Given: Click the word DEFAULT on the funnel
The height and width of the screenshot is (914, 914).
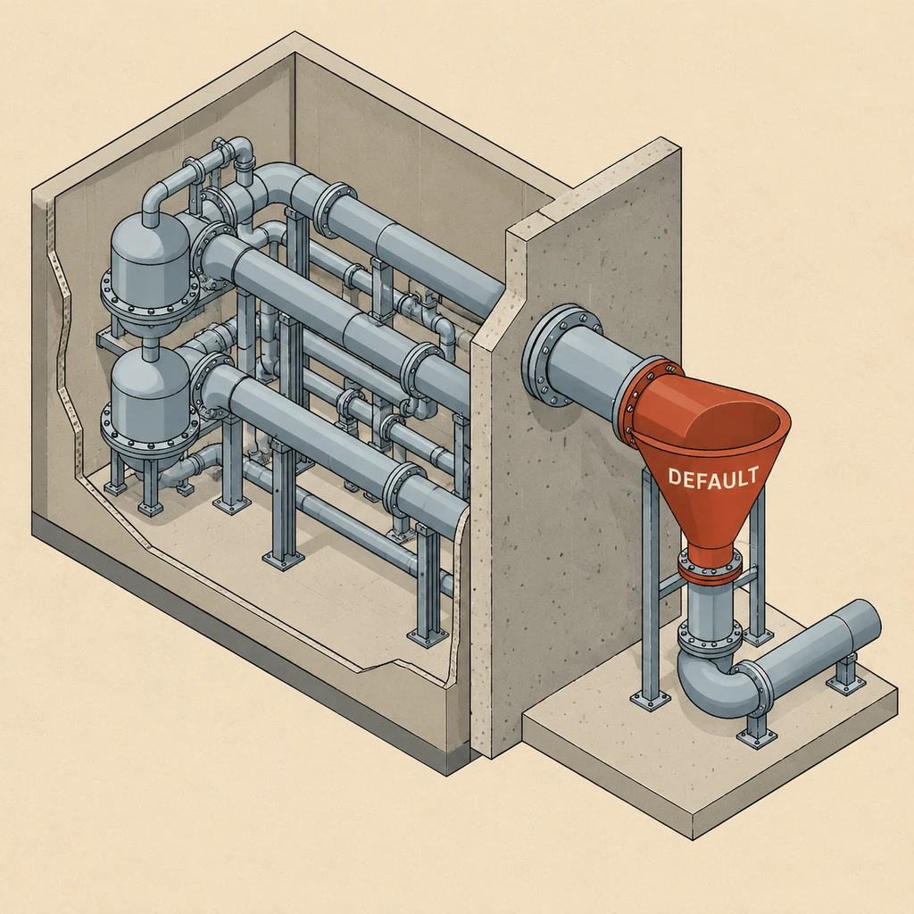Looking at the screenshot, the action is click(x=713, y=478).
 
